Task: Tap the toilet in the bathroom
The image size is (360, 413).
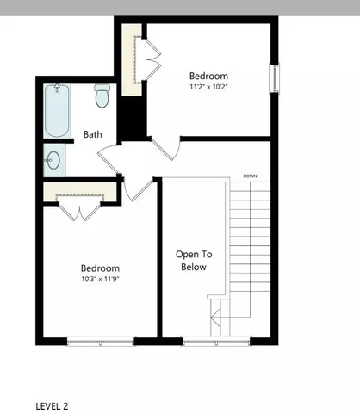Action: tap(102, 96)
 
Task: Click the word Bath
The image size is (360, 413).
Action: tap(94, 135)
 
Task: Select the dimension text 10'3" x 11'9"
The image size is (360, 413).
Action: tap(100, 280)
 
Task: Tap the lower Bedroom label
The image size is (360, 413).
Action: tap(100, 268)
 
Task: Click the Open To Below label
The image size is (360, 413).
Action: tap(194, 261)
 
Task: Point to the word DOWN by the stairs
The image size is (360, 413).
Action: tap(251, 176)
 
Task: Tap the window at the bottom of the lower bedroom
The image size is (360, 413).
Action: tap(101, 341)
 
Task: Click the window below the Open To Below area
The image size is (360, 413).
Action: tap(215, 341)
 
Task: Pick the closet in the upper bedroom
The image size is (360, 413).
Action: tap(132, 61)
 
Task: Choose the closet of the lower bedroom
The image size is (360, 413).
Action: tap(80, 197)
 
